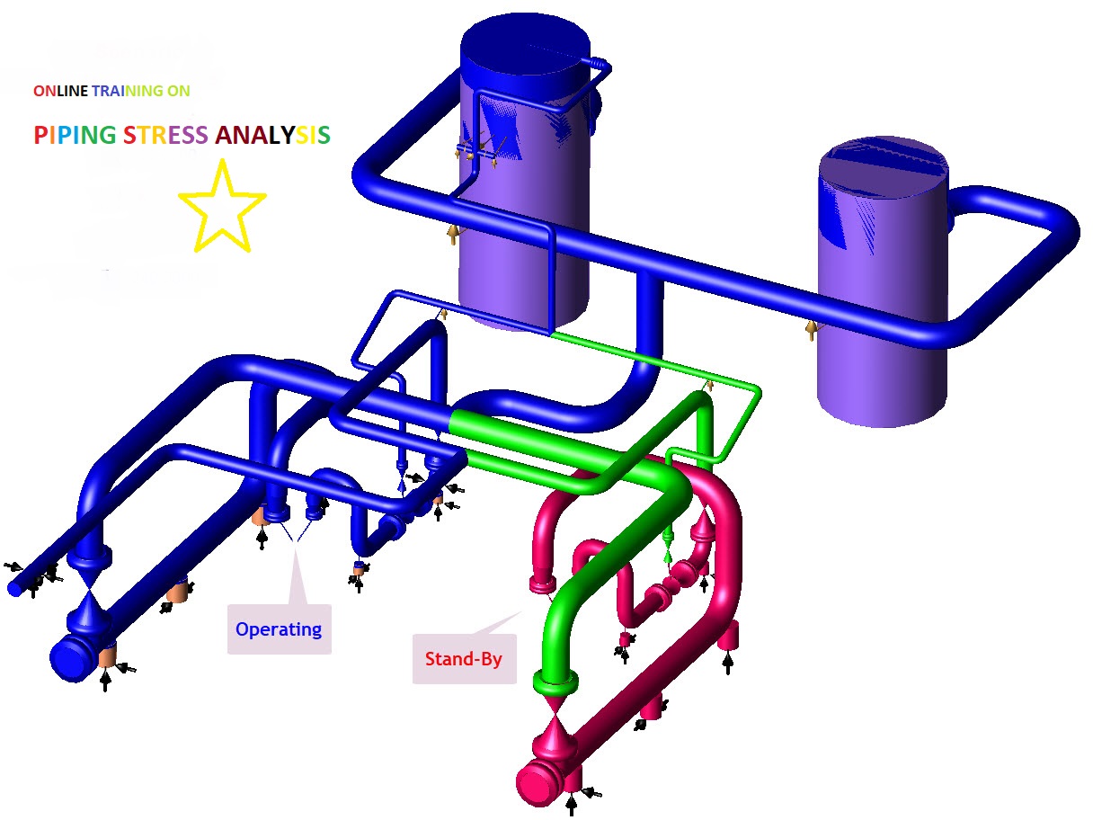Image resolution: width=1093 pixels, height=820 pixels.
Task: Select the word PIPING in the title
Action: click(75, 136)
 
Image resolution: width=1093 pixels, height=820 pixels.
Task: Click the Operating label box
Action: click(279, 629)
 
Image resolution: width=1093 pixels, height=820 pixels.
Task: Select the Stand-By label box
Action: click(464, 659)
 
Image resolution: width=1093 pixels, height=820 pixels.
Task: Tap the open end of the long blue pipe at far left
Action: click(15, 588)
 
